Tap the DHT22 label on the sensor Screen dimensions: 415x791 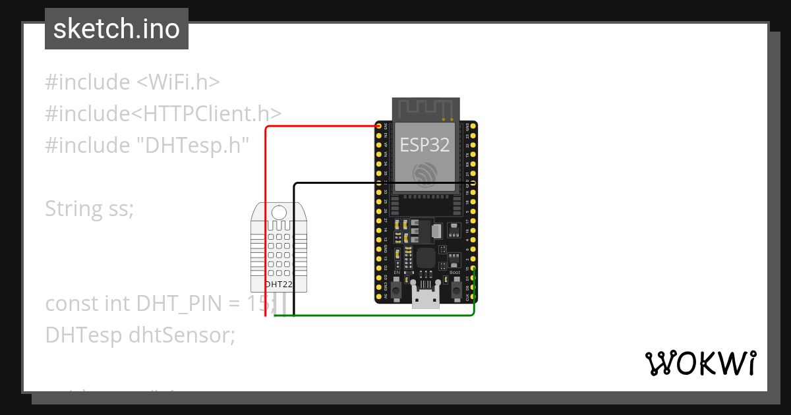coord(279,285)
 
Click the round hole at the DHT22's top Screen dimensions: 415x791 coord(279,212)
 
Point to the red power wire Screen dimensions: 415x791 coord(266,217)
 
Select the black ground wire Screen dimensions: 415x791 coord(294,250)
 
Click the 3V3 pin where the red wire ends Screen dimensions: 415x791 coord(379,125)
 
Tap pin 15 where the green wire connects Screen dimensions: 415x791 coord(473,269)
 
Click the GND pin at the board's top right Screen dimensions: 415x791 coord(473,125)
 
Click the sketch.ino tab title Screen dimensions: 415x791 coord(117,29)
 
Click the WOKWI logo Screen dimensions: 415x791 coord(700,363)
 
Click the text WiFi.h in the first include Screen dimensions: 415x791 coord(178,82)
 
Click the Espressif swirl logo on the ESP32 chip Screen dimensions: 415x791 coord(425,173)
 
